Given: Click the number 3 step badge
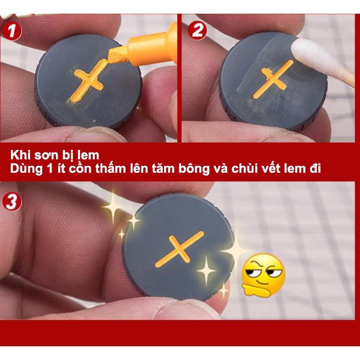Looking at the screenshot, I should coord(12,201).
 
